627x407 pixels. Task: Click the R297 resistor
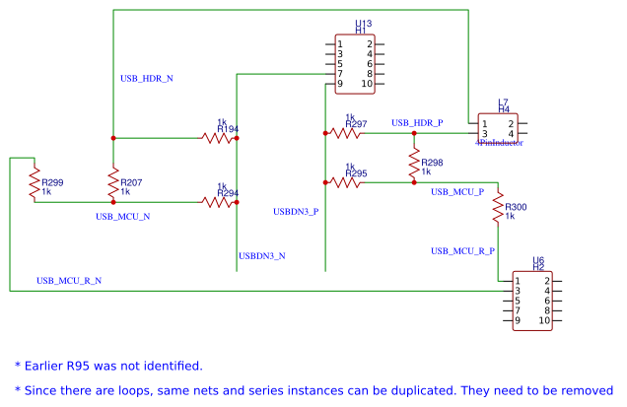(x=346, y=132)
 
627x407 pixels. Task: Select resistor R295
(x=346, y=181)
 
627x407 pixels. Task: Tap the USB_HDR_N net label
(x=146, y=78)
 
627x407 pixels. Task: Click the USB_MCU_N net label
(x=122, y=216)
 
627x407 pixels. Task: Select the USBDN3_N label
(x=261, y=256)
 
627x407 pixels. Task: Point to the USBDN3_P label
(x=296, y=211)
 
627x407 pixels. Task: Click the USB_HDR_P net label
(x=417, y=123)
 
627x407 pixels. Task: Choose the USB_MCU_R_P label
(x=462, y=251)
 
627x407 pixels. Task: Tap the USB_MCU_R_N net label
(x=69, y=281)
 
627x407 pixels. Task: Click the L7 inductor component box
(x=497, y=128)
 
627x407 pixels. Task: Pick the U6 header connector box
(x=531, y=301)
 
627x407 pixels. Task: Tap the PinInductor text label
(x=499, y=143)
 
